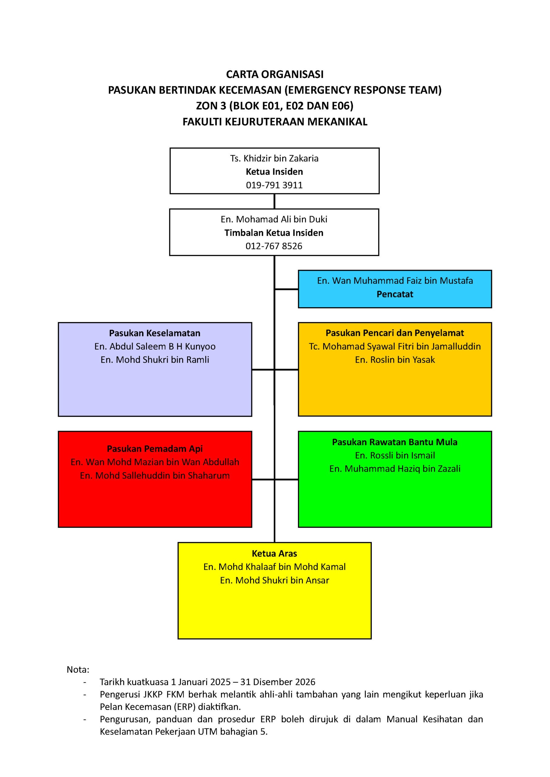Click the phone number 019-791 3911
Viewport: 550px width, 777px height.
pyautogui.click(x=274, y=185)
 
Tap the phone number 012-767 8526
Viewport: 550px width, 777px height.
pyautogui.click(x=274, y=246)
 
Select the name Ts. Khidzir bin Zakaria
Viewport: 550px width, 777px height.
pyautogui.click(x=274, y=158)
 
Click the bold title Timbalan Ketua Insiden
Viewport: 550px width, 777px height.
pyautogui.click(x=274, y=233)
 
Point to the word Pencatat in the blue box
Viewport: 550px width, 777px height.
pyautogui.click(x=395, y=294)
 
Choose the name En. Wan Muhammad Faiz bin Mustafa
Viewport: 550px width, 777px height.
pyautogui.click(x=395, y=280)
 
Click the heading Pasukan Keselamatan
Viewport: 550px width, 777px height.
pyautogui.click(x=155, y=333)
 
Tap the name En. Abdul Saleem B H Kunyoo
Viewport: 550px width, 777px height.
pyautogui.click(x=155, y=347)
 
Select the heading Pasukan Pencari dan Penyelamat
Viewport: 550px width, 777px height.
pyautogui.click(x=395, y=333)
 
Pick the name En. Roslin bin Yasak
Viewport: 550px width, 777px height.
pyautogui.click(x=395, y=360)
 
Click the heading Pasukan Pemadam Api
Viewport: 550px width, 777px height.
pyautogui.click(x=155, y=449)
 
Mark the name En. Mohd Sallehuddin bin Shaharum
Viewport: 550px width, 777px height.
pyautogui.click(x=155, y=476)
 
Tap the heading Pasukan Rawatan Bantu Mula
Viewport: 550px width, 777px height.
pyautogui.click(x=395, y=442)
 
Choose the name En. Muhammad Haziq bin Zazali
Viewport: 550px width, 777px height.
pyautogui.click(x=395, y=469)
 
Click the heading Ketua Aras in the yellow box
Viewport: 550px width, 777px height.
pyautogui.click(x=274, y=553)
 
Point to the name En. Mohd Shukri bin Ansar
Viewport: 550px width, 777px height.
pyautogui.click(x=274, y=580)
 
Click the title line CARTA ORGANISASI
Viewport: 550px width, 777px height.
pyautogui.click(x=275, y=74)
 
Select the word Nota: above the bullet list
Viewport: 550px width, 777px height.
pyautogui.click(x=78, y=669)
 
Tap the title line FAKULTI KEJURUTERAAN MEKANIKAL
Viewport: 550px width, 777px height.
pyautogui.click(x=275, y=121)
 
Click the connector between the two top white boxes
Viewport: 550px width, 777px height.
pyautogui.click(x=274, y=201)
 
